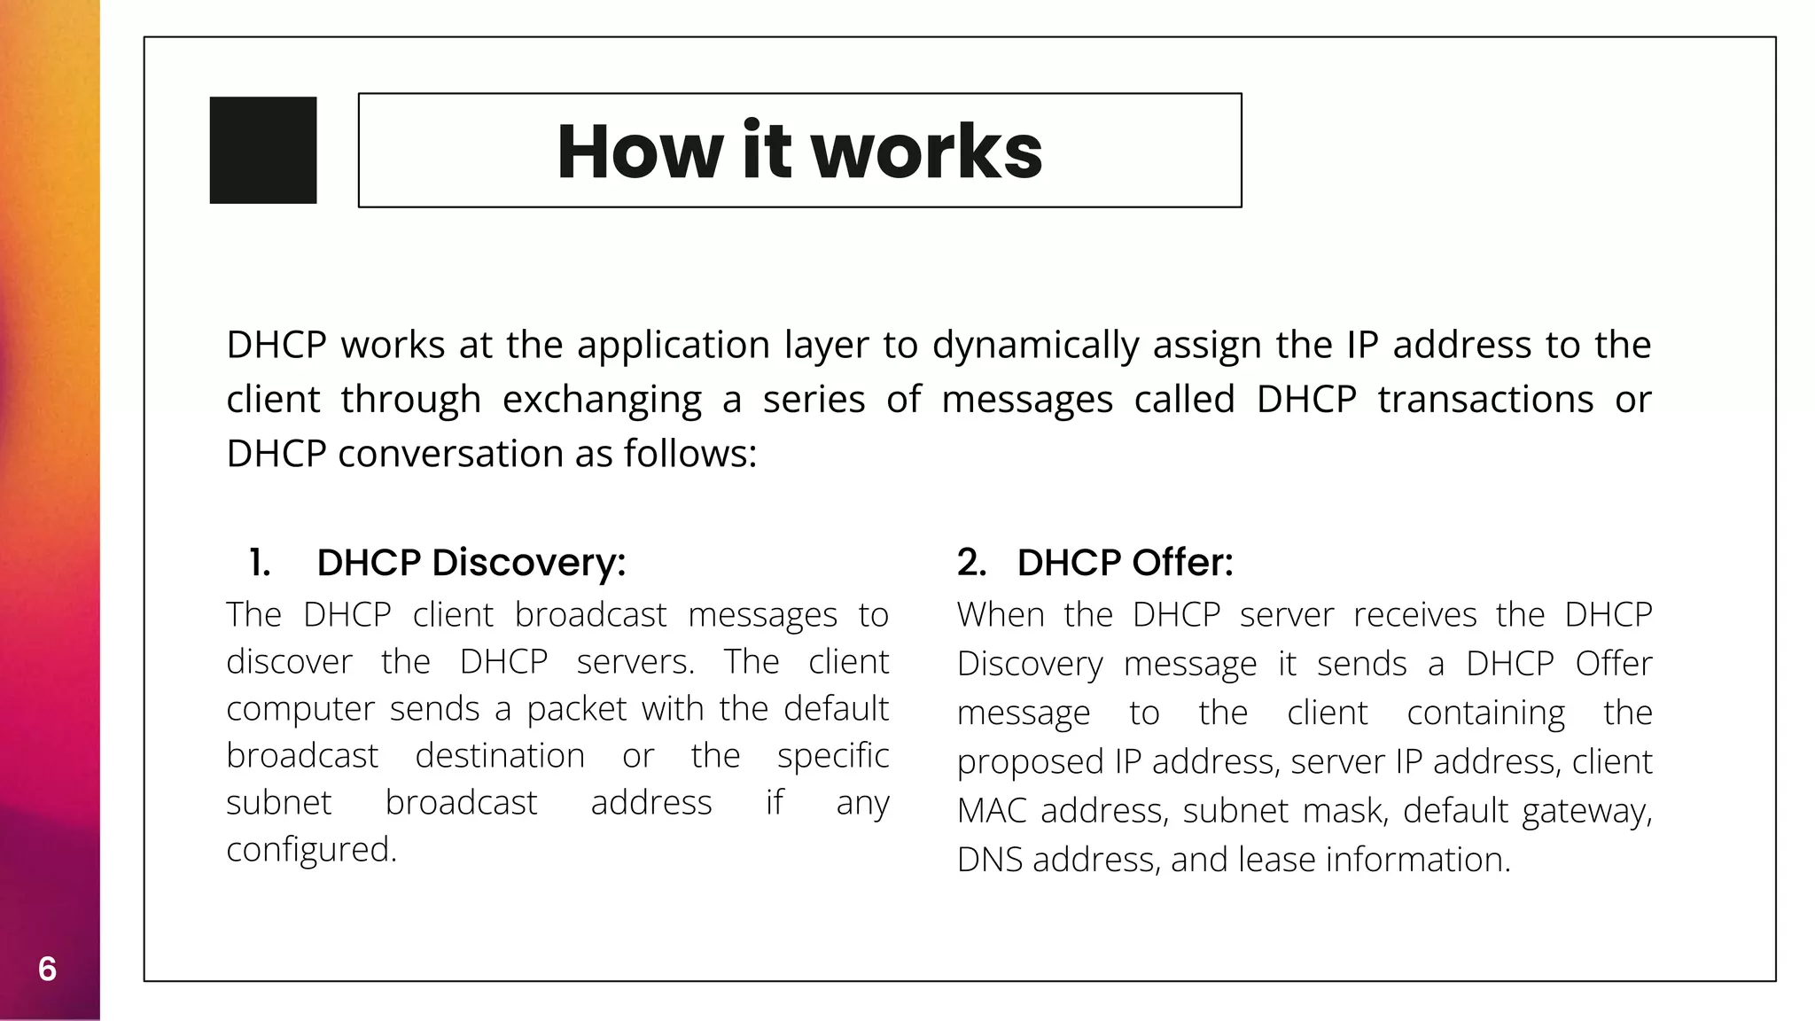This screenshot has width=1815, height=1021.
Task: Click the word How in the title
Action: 640,152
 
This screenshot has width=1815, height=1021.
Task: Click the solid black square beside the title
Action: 263,151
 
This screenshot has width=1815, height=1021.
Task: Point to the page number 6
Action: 47,969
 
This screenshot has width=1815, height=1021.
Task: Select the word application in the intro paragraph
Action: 674,345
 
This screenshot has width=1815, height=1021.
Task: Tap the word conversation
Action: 451,454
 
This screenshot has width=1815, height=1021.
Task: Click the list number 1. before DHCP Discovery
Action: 260,563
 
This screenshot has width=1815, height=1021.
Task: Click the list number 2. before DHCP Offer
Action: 971,563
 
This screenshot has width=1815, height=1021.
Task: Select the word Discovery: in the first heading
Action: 528,563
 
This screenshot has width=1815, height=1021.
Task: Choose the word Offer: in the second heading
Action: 1182,563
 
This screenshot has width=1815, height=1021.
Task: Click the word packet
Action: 577,709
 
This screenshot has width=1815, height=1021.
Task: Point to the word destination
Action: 500,756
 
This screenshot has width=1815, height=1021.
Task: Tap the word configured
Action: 311,850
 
